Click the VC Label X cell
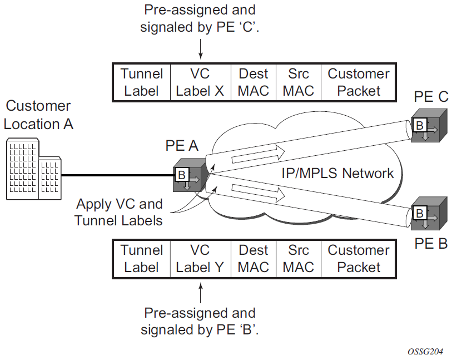(200, 82)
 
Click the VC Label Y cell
(200, 259)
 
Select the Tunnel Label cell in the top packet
(141, 82)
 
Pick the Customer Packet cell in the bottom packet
(359, 259)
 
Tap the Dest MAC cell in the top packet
(254, 82)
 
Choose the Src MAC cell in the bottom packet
(299, 259)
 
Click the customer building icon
(33, 170)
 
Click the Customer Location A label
(38, 115)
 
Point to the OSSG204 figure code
(424, 352)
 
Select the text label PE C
(431, 97)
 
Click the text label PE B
(431, 244)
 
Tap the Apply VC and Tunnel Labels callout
(120, 212)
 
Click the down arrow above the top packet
(200, 53)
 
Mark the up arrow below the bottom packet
(200, 291)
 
